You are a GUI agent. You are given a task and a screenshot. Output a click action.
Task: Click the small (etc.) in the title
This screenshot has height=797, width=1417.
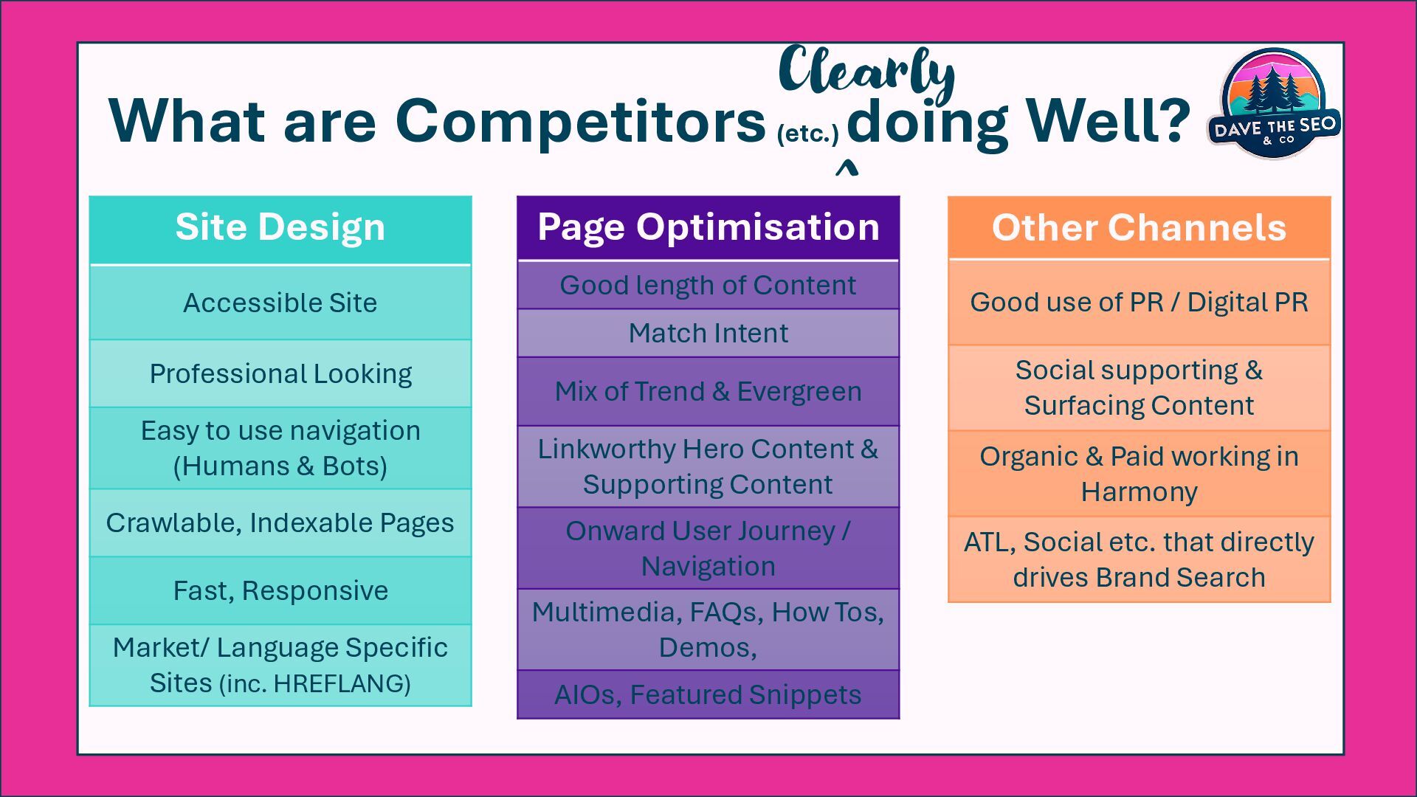[x=807, y=134]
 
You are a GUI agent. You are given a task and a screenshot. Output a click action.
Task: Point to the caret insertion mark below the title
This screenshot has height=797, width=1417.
[x=847, y=170]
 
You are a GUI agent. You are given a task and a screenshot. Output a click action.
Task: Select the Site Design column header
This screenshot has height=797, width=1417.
[x=280, y=227]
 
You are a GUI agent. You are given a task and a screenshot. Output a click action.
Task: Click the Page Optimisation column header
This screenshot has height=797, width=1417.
[x=708, y=227]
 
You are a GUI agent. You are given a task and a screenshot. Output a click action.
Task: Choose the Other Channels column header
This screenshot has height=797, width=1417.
[x=1139, y=227]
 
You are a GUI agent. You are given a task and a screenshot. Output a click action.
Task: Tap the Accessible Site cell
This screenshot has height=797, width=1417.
[x=280, y=303]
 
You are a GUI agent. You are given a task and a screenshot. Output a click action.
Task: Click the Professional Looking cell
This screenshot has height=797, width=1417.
[x=280, y=373]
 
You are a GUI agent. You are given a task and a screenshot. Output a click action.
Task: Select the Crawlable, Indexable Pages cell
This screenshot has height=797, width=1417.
[x=280, y=522]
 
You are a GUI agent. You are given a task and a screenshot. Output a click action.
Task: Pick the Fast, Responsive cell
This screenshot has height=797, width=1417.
[x=280, y=590]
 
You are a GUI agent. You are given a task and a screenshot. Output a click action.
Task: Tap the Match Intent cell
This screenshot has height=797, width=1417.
[x=708, y=333]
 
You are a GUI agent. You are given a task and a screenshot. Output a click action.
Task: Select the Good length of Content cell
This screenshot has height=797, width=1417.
[x=708, y=285]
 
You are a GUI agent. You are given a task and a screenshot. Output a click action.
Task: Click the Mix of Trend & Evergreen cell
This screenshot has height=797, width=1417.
[x=708, y=391]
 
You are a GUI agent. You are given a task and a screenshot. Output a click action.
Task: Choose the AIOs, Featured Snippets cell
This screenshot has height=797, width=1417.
[x=708, y=694]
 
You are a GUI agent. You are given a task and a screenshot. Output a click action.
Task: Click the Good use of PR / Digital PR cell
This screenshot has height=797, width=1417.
[x=1139, y=303]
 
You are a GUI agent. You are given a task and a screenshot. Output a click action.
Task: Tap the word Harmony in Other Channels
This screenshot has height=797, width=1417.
[x=1139, y=492]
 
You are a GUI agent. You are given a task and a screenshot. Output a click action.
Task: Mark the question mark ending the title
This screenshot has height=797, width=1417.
[x=1171, y=120]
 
